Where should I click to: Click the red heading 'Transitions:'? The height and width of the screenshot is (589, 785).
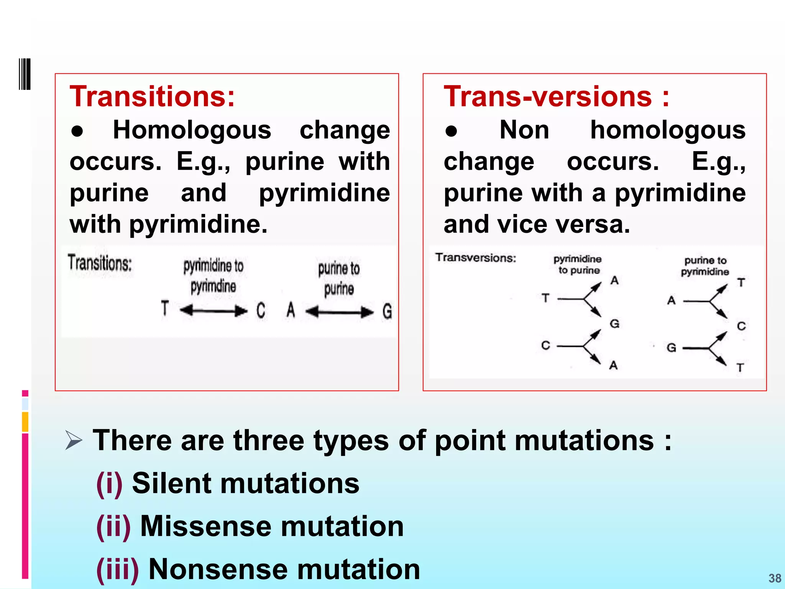coord(152,96)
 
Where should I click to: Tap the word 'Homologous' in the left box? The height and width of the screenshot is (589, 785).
coord(192,130)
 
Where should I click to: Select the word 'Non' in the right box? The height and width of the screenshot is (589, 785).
coord(524,130)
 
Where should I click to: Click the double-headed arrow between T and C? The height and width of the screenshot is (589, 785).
coord(213,310)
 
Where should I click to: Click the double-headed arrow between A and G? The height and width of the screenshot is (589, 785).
coord(339,312)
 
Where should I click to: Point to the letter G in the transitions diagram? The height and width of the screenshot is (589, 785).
coord(387,311)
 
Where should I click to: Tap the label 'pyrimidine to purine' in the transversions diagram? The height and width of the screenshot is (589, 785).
coord(578,265)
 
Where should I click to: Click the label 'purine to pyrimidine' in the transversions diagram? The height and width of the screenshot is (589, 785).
coord(705,266)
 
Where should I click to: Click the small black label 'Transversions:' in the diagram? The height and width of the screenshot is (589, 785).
coord(476,258)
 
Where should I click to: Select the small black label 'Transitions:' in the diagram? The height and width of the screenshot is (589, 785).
coord(100,263)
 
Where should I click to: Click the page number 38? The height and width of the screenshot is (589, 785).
coord(775,578)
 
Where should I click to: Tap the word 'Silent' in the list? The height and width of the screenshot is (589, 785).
coord(170,483)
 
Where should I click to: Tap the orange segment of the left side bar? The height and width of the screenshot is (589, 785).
coord(25,422)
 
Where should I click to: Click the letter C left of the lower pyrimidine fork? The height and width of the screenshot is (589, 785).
coord(545,346)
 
